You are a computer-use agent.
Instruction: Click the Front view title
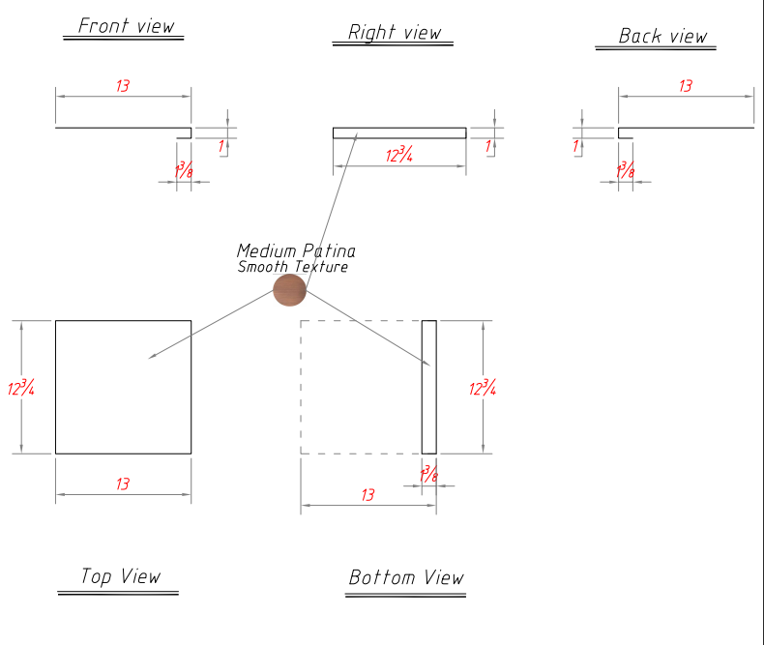click(x=127, y=26)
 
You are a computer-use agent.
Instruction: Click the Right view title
click(x=395, y=33)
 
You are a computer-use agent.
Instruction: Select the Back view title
click(x=663, y=37)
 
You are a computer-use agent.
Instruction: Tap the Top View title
click(x=121, y=577)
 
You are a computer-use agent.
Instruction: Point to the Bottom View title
click(x=406, y=578)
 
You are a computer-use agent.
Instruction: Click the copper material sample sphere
click(x=288, y=289)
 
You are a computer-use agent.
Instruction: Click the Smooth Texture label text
click(x=292, y=267)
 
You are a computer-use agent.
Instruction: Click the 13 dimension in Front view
click(x=123, y=87)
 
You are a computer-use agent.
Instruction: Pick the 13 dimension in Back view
click(x=686, y=87)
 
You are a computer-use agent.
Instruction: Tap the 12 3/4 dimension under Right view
click(x=399, y=155)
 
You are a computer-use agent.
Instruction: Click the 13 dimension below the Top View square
click(x=123, y=484)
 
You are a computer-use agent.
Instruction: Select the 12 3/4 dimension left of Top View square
click(x=21, y=388)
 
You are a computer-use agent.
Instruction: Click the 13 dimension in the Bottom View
click(x=367, y=495)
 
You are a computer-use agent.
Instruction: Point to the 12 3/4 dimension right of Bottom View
click(x=483, y=388)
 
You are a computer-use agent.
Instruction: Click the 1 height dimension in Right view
click(x=488, y=147)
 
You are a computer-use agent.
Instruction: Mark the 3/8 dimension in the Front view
click(x=184, y=170)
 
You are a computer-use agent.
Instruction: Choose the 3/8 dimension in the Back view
click(x=626, y=170)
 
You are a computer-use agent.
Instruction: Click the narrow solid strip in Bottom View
click(x=429, y=387)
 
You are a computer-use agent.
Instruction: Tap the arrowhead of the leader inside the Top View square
click(x=150, y=358)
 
